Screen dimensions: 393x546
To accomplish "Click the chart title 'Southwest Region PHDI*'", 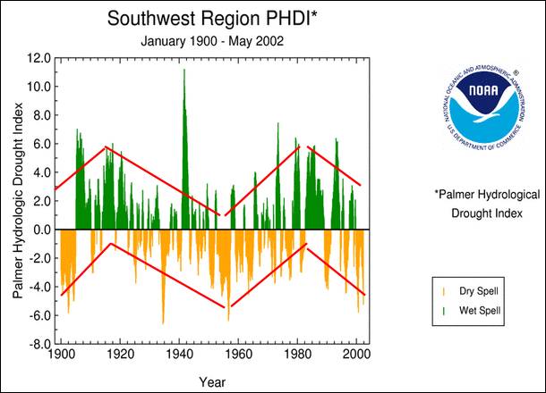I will (209, 18).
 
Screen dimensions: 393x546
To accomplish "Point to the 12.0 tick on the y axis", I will (38, 58).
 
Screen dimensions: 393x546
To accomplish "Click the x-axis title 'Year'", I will (212, 382).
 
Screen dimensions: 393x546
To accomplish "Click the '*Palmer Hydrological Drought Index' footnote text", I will (487, 202).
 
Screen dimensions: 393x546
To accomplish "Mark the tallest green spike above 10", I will (183, 71).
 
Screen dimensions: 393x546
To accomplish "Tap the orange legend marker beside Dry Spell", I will (445, 292).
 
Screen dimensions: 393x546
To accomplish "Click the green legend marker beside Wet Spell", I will (445, 310).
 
